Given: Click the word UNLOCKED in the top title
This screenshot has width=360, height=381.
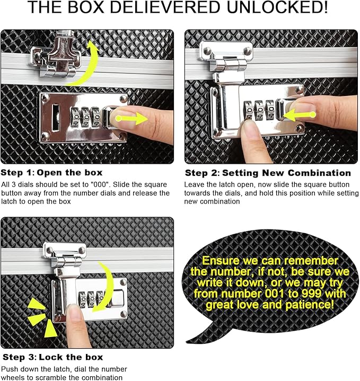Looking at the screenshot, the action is (277, 7).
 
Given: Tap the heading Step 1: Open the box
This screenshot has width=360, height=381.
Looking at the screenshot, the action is (51, 173).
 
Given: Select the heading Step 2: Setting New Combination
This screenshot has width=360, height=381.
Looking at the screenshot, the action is (268, 173).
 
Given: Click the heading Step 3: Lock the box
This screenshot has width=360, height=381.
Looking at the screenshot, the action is (52, 357).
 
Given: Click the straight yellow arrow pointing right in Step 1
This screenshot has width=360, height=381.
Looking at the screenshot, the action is (131, 118).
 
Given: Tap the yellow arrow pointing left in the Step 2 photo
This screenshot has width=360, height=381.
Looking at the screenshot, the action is (300, 114).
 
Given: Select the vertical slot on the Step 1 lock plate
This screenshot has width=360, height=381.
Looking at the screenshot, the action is (56, 117).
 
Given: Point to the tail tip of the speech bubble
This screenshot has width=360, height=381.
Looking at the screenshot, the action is (187, 342).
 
